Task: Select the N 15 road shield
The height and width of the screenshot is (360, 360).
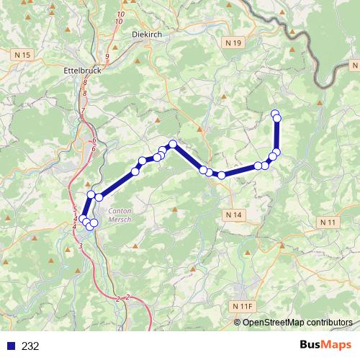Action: pyautogui.click(x=23, y=55)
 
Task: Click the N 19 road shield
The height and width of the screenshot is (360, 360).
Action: pyautogui.click(x=232, y=43)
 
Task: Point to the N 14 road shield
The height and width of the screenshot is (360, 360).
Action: pyautogui.click(x=233, y=215)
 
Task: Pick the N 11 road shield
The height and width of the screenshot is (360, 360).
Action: pyautogui.click(x=328, y=222)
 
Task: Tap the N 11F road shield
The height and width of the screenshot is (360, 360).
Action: pyautogui.click(x=244, y=306)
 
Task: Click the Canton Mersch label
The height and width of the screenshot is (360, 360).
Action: pyautogui.click(x=120, y=215)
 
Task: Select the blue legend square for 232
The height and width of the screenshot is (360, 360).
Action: pyautogui.click(x=10, y=346)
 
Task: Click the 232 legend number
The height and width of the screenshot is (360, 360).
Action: pyautogui.click(x=30, y=346)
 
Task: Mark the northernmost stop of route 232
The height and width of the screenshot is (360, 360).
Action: pyautogui.click(x=274, y=113)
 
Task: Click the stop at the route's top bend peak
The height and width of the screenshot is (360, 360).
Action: pyautogui.click(x=173, y=143)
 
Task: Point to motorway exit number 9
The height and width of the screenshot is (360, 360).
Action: pyautogui.click(x=107, y=57)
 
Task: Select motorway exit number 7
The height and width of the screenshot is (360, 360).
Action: pyautogui.click(x=83, y=111)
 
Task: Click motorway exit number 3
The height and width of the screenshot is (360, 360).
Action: pyautogui.click(x=81, y=246)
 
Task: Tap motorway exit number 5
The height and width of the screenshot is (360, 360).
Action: pyautogui.click(x=75, y=210)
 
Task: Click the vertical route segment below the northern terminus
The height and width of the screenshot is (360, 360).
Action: pyautogui.click(x=277, y=133)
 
